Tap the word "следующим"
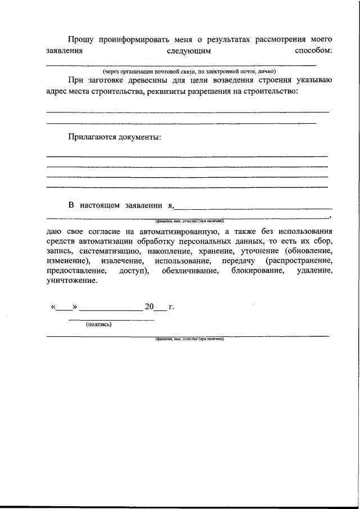point(189,51)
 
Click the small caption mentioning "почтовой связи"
point(188,72)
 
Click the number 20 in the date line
point(149,307)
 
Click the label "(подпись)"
point(98,325)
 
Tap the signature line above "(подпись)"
point(111,319)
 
